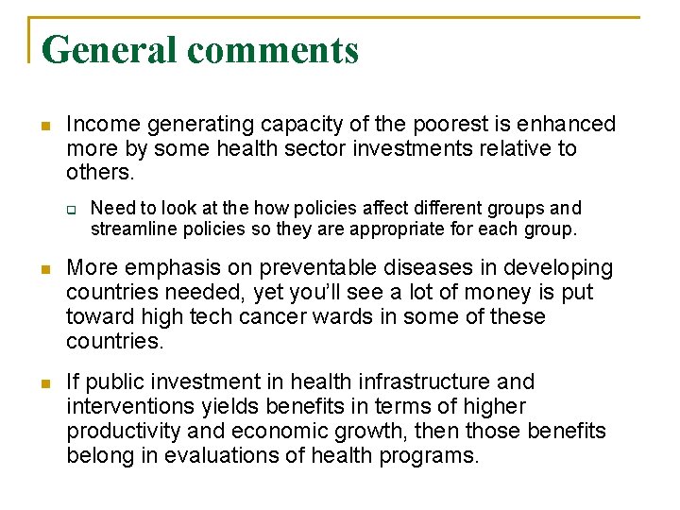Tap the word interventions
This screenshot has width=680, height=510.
pyautogui.click(x=127, y=407)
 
